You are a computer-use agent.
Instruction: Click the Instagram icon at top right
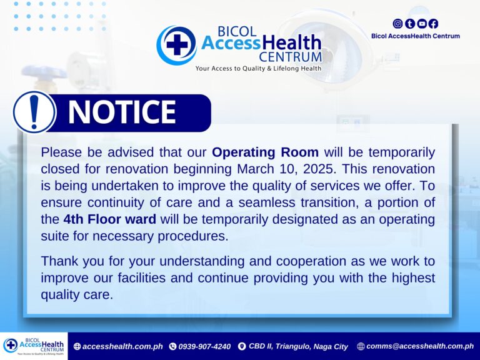pos(397,24)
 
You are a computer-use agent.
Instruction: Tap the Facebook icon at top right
pos(433,24)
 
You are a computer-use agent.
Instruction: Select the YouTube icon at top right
pos(421,24)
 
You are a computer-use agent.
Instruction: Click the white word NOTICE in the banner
pos(122,112)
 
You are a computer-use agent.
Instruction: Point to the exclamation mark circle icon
pos(34,112)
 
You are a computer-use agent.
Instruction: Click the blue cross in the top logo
pos(177,45)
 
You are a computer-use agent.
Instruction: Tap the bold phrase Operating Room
pos(265,152)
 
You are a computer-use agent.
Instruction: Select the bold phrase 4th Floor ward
pos(110,219)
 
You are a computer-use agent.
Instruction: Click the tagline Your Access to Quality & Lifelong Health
pos(258,68)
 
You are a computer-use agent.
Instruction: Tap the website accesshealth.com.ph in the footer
pos(122,346)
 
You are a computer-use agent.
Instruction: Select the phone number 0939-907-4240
pos(204,346)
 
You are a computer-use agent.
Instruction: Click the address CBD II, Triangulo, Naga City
pos(298,346)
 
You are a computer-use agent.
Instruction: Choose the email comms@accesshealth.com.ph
pos(420,346)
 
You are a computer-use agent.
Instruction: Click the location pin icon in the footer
pos(242,346)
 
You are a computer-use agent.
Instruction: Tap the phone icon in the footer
pos(172,346)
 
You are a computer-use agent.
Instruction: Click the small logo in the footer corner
pos(34,346)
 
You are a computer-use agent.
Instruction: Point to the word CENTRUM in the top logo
pos(290,57)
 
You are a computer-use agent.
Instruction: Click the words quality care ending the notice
pos(77,295)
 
